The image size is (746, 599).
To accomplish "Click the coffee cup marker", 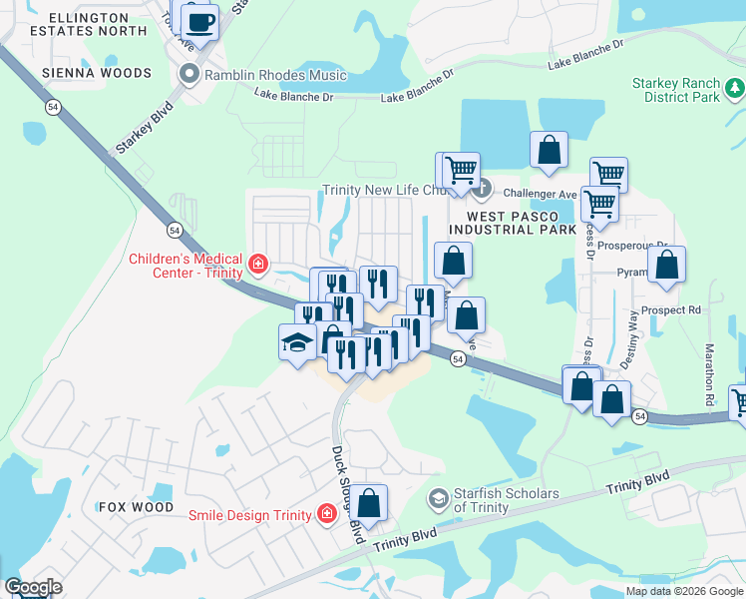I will coord(201,21).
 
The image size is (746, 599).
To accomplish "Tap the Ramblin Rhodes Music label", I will coord(274,75).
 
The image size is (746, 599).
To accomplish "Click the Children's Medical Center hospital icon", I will coord(257,264).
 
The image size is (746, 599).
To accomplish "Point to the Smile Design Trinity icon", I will coord(326,514).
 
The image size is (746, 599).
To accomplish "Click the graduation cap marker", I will coord(297,343).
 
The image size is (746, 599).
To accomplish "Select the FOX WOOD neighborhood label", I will coord(138,507).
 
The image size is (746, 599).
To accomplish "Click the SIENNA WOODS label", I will coord(98,73).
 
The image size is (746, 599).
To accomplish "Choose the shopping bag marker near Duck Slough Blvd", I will coord(368,504).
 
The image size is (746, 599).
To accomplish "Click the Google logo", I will coord(33,587).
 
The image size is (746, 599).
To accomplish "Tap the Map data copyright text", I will coord(682,591).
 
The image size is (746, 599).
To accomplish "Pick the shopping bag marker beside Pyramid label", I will coord(667,265).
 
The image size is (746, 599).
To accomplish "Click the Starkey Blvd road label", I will coord(144,127).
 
